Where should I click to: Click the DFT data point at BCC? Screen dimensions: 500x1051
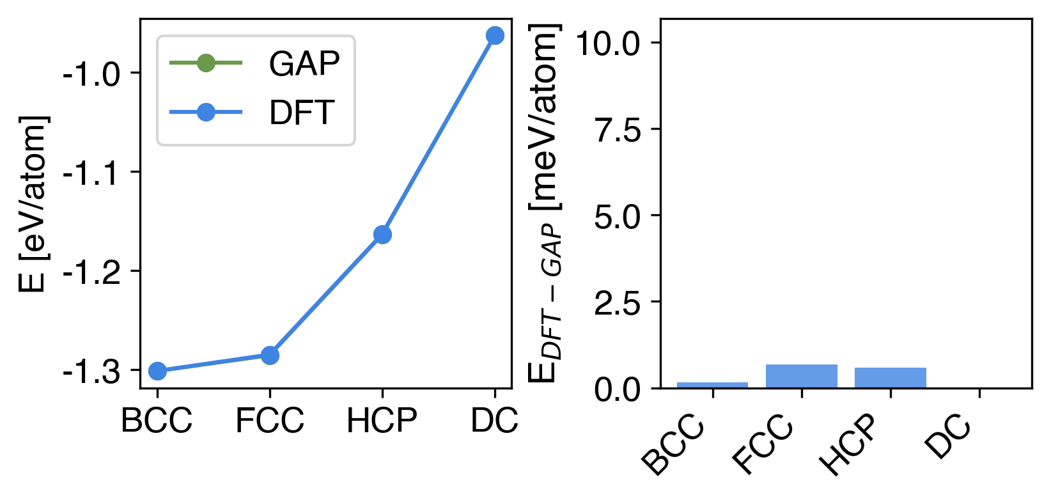coord(157,371)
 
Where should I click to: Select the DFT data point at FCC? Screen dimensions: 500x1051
coord(270,355)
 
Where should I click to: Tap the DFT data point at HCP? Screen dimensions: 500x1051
coord(382,235)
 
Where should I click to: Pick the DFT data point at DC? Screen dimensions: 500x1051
coord(495,36)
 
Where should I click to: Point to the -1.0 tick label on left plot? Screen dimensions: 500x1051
coord(91,74)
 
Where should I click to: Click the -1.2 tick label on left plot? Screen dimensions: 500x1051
coord(91,272)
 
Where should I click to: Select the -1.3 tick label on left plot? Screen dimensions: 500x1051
coord(91,371)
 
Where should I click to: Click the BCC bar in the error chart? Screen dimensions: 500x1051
coord(712,385)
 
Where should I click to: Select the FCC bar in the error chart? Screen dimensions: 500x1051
coord(802,376)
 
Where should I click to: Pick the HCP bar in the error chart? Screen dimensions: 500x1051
coord(891,378)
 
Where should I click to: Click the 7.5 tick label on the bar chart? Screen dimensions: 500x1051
coord(618,130)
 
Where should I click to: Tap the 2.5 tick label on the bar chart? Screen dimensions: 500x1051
coord(618,303)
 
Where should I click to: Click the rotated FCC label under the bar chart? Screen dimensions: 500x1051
coord(764,447)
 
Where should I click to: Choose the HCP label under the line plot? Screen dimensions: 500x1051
coord(382,421)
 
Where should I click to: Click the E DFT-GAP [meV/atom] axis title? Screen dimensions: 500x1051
coord(545,203)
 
